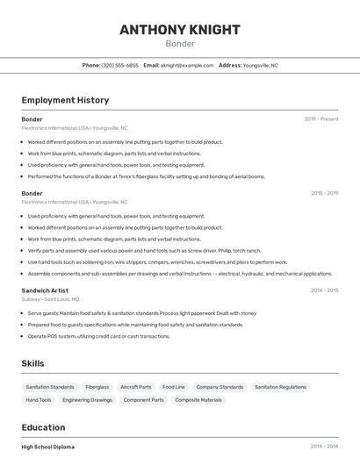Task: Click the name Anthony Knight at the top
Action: (x=179, y=29)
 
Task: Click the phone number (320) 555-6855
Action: (x=120, y=65)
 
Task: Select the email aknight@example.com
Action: (x=186, y=65)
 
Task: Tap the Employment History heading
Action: (x=65, y=100)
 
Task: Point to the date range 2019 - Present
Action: (x=321, y=118)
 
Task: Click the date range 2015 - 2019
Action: (x=324, y=193)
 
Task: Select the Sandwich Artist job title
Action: (x=45, y=290)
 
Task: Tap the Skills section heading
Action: (x=33, y=363)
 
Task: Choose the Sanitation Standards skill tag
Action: (x=50, y=387)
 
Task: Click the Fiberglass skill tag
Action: (x=97, y=387)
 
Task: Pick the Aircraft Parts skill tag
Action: (x=136, y=387)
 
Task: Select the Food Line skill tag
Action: (x=174, y=387)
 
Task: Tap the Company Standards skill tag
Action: (x=220, y=387)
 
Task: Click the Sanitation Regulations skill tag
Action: (x=280, y=387)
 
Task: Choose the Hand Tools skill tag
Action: (x=39, y=400)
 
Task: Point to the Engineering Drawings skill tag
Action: (x=88, y=400)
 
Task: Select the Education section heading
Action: (x=43, y=427)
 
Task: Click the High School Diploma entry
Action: (x=48, y=447)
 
